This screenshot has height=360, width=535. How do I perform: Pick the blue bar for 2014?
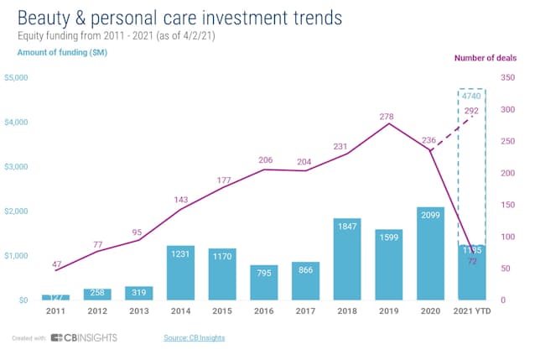pyautogui.click(x=180, y=273)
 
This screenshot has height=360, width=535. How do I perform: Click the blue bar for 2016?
pyautogui.click(x=263, y=282)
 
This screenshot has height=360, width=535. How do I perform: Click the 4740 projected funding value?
pyautogui.click(x=471, y=97)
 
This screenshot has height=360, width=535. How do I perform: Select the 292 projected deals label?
pyautogui.click(x=471, y=112)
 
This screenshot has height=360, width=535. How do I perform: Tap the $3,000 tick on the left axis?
pyautogui.click(x=17, y=167)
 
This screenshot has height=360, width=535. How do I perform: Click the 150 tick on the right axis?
pyautogui.click(x=506, y=205)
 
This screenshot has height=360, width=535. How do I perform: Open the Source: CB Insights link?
pyautogui.click(x=194, y=337)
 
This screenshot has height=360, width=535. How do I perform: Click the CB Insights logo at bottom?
pyautogui.click(x=84, y=337)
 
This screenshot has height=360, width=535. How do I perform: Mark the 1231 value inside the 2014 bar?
pyautogui.click(x=180, y=255)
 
